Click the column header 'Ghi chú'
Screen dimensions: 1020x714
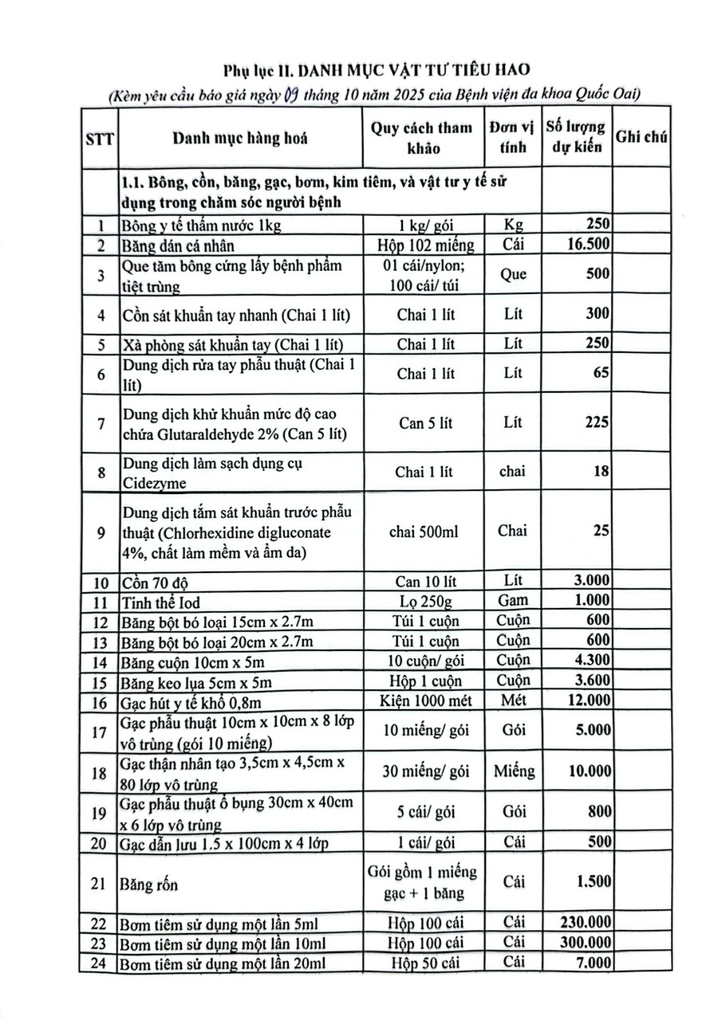pyautogui.click(x=641, y=137)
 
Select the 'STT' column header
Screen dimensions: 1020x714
pyautogui.click(x=100, y=139)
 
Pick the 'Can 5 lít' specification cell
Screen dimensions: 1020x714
pyautogui.click(x=425, y=422)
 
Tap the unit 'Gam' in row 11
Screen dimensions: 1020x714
pyautogui.click(x=513, y=600)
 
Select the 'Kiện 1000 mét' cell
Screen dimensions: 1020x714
pyautogui.click(x=426, y=700)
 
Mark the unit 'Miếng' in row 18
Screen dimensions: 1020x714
pyautogui.click(x=514, y=771)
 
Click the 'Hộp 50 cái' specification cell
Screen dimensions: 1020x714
pyautogui.click(x=426, y=963)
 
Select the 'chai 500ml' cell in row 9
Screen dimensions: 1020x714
pyautogui.click(x=425, y=532)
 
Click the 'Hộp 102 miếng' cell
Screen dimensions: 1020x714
pyautogui.click(x=426, y=245)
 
